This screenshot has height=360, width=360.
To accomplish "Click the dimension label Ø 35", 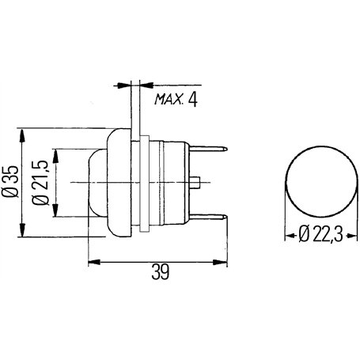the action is coord(10,182).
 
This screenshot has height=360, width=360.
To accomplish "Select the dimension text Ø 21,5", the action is coord(40,183).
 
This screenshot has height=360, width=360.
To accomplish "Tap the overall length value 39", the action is coord(160,272).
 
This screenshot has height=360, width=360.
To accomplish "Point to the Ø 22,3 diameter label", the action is coord(320,234).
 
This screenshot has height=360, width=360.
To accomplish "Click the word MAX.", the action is coord(169,99).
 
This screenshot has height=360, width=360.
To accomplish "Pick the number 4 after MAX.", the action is coord(192,100).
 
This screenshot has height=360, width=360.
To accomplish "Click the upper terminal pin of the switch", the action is coord(208,149).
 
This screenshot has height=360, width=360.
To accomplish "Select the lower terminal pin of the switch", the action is coord(208,218).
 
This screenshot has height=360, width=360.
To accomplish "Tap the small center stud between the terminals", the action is coord(195,183).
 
